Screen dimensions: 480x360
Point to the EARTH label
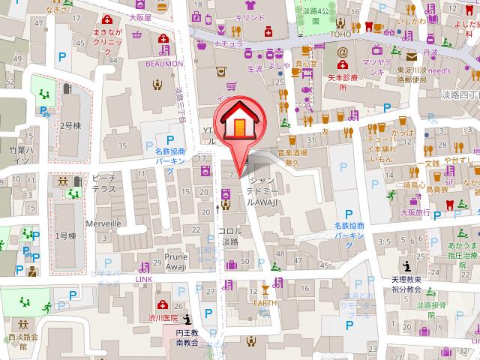point(264,302)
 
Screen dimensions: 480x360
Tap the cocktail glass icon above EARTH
point(264,289)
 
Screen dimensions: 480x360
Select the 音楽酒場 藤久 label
point(293,157)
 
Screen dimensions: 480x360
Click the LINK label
point(143,279)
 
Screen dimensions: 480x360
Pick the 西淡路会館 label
point(22,342)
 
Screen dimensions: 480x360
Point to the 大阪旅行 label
point(415,212)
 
